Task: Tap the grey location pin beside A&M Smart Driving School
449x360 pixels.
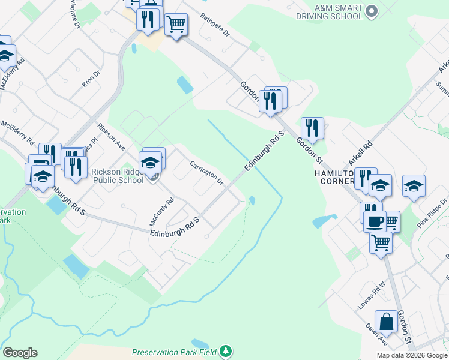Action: (x=372, y=11)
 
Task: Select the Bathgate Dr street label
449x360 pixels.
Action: (x=215, y=25)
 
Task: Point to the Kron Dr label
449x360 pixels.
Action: (x=91, y=79)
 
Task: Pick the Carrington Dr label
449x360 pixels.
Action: (x=206, y=172)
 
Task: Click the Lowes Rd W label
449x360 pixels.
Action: (x=372, y=293)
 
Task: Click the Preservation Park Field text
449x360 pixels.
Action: (x=174, y=352)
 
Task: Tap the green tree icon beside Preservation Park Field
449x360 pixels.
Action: (x=225, y=350)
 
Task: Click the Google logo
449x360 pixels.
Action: (x=20, y=353)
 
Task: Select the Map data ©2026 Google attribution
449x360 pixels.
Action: (x=411, y=355)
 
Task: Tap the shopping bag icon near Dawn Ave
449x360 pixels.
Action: (x=386, y=322)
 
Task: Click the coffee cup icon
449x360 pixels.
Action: (x=375, y=221)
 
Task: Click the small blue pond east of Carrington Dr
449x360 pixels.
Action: (x=252, y=200)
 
